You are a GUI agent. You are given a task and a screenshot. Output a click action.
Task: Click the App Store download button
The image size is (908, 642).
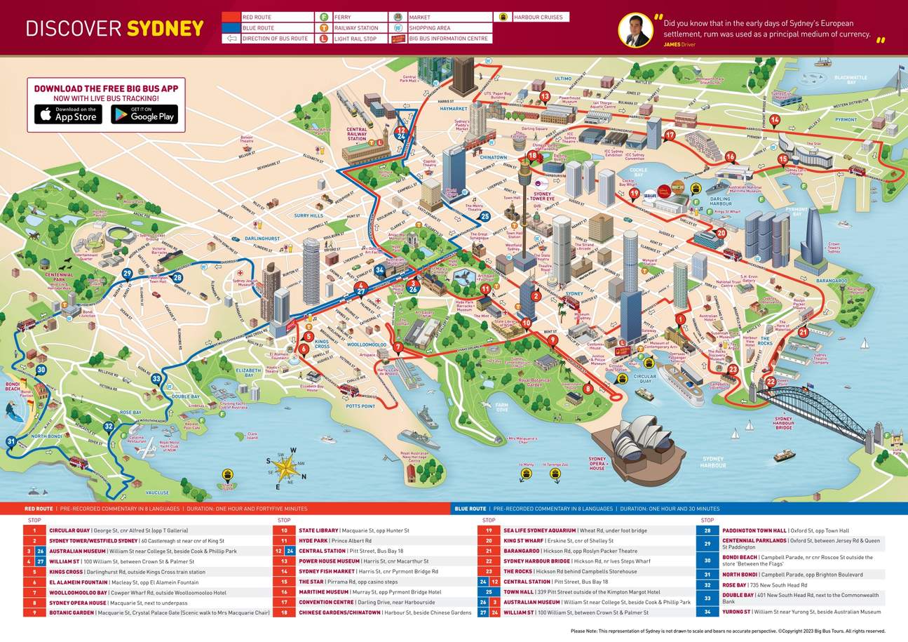[68, 114]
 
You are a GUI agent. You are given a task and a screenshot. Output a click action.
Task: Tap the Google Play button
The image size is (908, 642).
[144, 114]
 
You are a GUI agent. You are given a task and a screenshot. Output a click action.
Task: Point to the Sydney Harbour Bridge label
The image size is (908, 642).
[782, 422]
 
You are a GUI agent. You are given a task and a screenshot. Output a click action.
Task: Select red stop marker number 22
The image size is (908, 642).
[771, 382]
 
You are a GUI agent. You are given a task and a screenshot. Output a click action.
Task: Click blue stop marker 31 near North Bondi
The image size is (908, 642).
[11, 441]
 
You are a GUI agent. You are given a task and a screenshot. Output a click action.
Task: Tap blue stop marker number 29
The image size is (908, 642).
[127, 274]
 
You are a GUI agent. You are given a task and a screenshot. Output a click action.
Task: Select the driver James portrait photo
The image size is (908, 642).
[635, 30]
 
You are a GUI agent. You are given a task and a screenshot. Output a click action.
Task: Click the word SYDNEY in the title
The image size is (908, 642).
[165, 29]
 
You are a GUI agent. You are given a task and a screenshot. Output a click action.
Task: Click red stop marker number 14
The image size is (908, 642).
[775, 119]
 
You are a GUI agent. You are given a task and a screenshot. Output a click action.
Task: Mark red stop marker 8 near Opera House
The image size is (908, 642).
[588, 388]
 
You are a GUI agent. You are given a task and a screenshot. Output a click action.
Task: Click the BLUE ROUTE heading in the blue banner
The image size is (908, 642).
[470, 509]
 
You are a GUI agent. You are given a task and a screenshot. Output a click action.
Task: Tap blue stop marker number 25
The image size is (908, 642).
[485, 216]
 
